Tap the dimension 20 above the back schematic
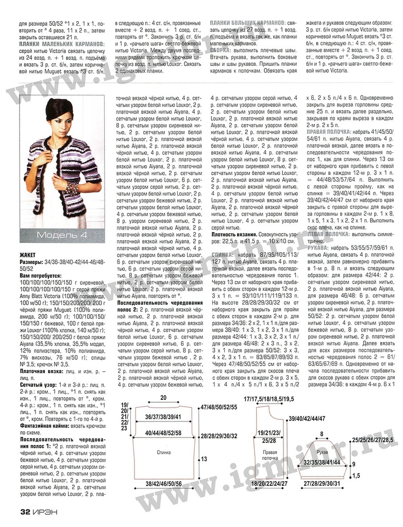pyautogui.click(x=163, y=397)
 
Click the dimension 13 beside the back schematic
pyautogui.click(x=204, y=459)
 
